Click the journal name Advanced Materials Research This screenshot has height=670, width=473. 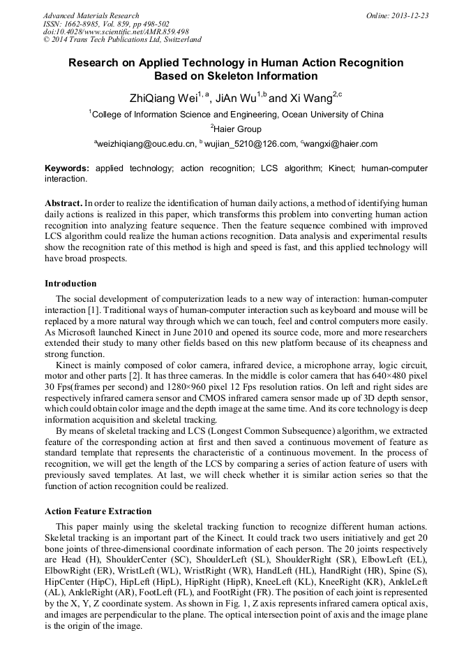click(91, 15)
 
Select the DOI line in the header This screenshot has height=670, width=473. click(116, 31)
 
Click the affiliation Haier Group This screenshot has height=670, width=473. click(238, 129)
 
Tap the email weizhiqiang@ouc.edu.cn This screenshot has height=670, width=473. click(145, 145)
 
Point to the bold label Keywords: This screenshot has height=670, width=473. click(67, 168)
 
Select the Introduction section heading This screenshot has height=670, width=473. click(70, 284)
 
